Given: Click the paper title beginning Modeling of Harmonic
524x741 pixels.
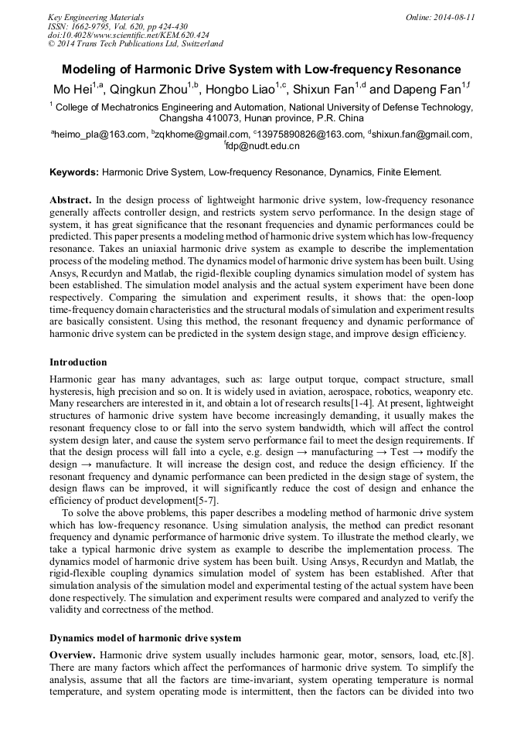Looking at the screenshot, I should (261, 69).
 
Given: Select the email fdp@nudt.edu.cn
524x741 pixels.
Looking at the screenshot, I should (263, 145).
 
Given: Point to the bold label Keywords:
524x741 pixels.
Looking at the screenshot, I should (74, 172).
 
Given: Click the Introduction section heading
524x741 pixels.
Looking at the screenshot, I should (78, 362).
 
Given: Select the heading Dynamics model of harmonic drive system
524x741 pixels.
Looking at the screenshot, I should (145, 638).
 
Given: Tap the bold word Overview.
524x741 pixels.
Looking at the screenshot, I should (73, 655).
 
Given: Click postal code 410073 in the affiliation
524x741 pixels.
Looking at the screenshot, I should (224, 119).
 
